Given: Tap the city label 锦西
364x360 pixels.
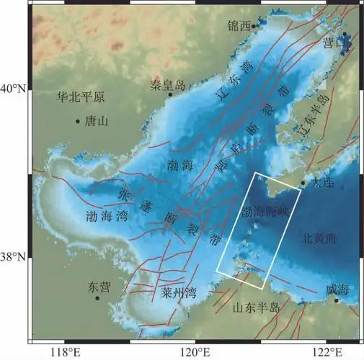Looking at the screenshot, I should (239, 25).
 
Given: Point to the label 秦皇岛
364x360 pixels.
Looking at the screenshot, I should (168, 84).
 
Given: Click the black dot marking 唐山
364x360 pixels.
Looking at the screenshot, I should (77, 121).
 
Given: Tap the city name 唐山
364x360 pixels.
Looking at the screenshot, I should (96, 122).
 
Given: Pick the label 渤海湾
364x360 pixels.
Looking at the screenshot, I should (107, 215).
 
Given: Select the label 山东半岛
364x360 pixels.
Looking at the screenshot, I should (255, 308).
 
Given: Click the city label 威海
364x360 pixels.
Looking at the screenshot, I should (337, 289).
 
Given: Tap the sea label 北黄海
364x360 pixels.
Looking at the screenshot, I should (318, 236).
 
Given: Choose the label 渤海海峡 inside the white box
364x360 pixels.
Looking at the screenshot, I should (263, 212).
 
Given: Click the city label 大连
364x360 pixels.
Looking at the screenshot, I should (325, 182).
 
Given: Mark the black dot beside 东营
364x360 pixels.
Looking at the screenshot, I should (97, 297).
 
